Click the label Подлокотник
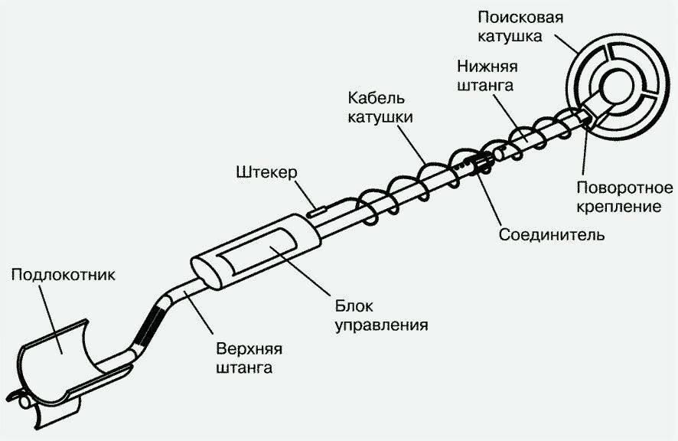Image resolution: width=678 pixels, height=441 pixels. tap(64, 274)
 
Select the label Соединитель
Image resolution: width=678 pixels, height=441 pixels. tap(551, 234)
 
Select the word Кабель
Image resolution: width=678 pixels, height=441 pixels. tap(375, 99)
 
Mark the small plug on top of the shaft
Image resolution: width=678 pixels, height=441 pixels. tap(317, 205)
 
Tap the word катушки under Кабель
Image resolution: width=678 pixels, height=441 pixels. tap(380, 118)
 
